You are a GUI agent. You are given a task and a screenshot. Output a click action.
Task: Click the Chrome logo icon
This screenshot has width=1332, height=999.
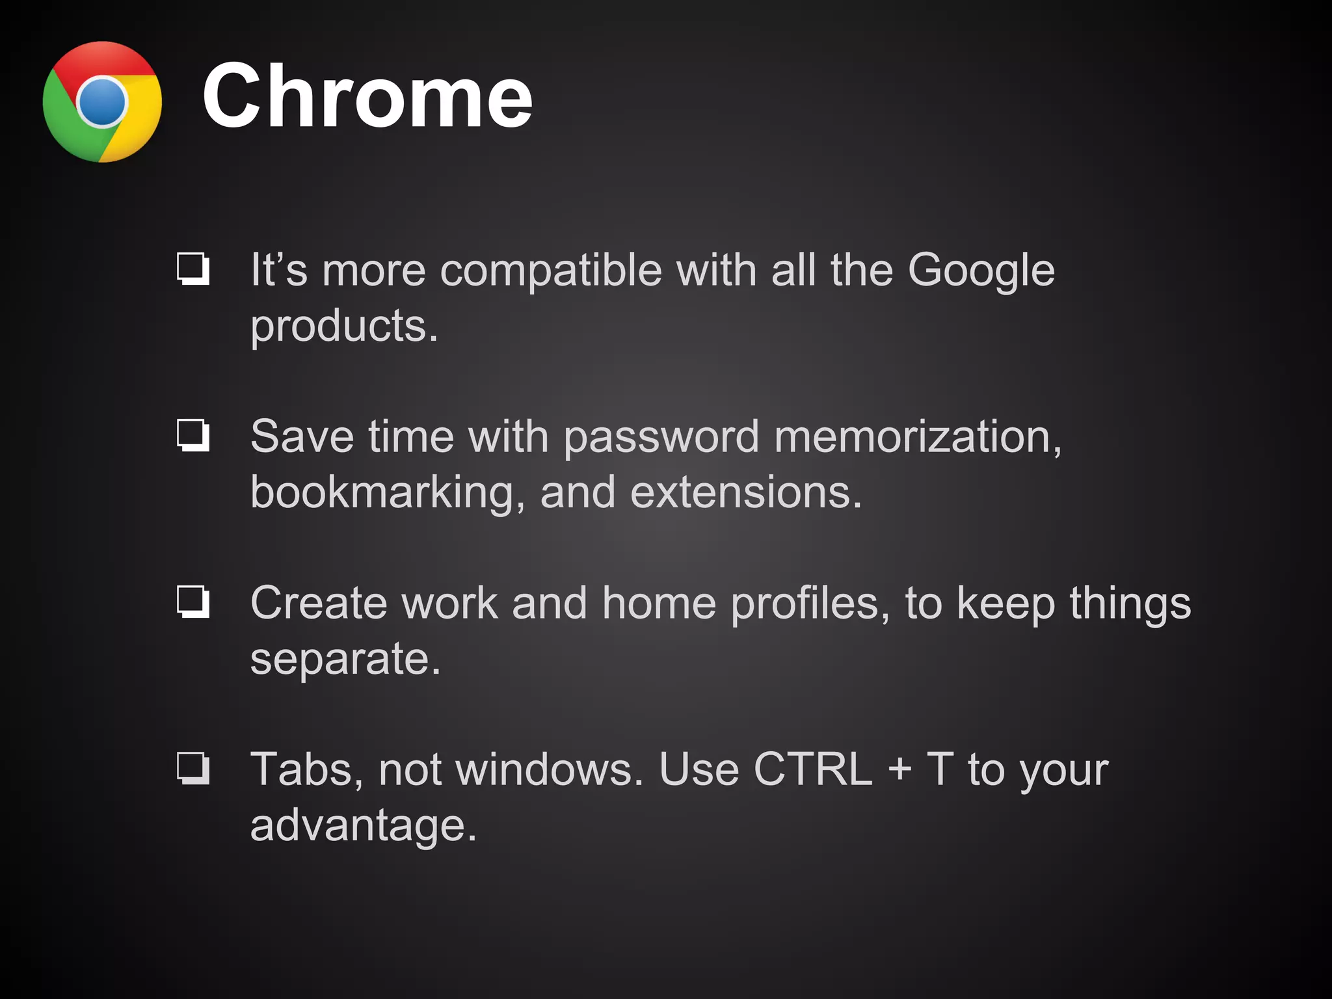coord(102,102)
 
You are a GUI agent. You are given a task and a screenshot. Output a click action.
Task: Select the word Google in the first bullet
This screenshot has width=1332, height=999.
coord(981,271)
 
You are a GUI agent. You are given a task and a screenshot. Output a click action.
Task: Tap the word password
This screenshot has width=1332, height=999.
coord(661,437)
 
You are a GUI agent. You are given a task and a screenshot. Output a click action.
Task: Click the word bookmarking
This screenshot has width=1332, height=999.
coord(382,493)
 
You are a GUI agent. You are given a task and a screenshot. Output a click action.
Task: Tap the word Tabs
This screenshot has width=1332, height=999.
coord(302,770)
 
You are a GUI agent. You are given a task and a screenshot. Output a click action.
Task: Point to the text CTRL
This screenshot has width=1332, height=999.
coord(812,769)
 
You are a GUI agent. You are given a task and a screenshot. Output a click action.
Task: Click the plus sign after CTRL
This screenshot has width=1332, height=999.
coord(899,769)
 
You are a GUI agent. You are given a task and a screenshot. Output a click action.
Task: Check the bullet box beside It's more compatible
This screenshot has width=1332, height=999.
coord(193,269)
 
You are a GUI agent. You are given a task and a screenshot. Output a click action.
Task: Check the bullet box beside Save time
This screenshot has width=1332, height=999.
coord(193,435)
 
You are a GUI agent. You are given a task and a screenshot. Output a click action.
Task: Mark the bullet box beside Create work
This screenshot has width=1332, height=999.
coord(193,602)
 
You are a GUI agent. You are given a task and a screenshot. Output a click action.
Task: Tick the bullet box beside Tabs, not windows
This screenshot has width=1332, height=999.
coord(193,768)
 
